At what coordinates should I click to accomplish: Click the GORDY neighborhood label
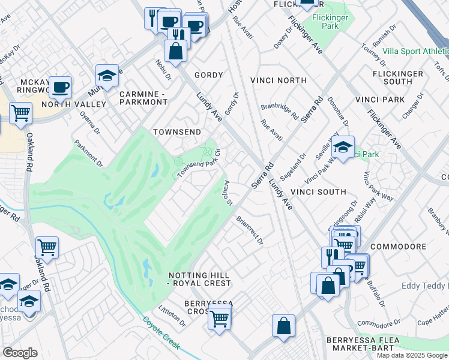click(208, 75)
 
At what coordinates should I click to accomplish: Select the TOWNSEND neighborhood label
click(176, 131)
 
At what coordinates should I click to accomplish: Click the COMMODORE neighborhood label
click(398, 247)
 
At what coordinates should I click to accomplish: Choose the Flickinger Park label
click(330, 22)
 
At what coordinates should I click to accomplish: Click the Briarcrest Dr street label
click(250, 230)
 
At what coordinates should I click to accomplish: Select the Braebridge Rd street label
click(280, 113)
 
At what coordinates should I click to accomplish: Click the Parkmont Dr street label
click(88, 153)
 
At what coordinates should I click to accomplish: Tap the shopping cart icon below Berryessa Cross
click(220, 318)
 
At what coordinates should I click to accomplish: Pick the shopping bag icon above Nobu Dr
click(176, 52)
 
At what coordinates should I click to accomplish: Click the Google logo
click(20, 353)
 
